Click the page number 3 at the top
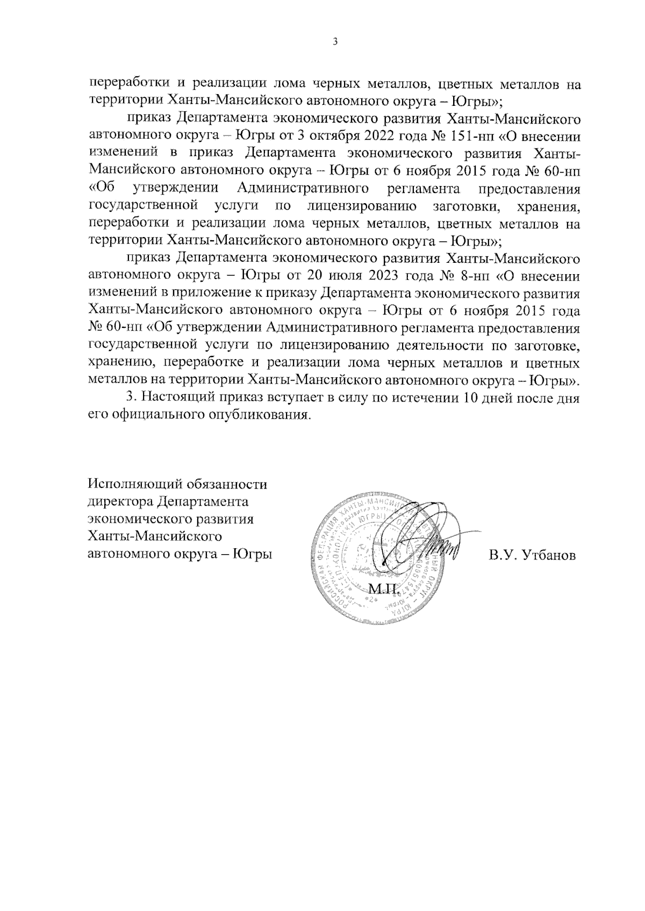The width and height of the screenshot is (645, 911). tap(335, 42)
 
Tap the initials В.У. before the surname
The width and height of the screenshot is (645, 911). tap(501, 555)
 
